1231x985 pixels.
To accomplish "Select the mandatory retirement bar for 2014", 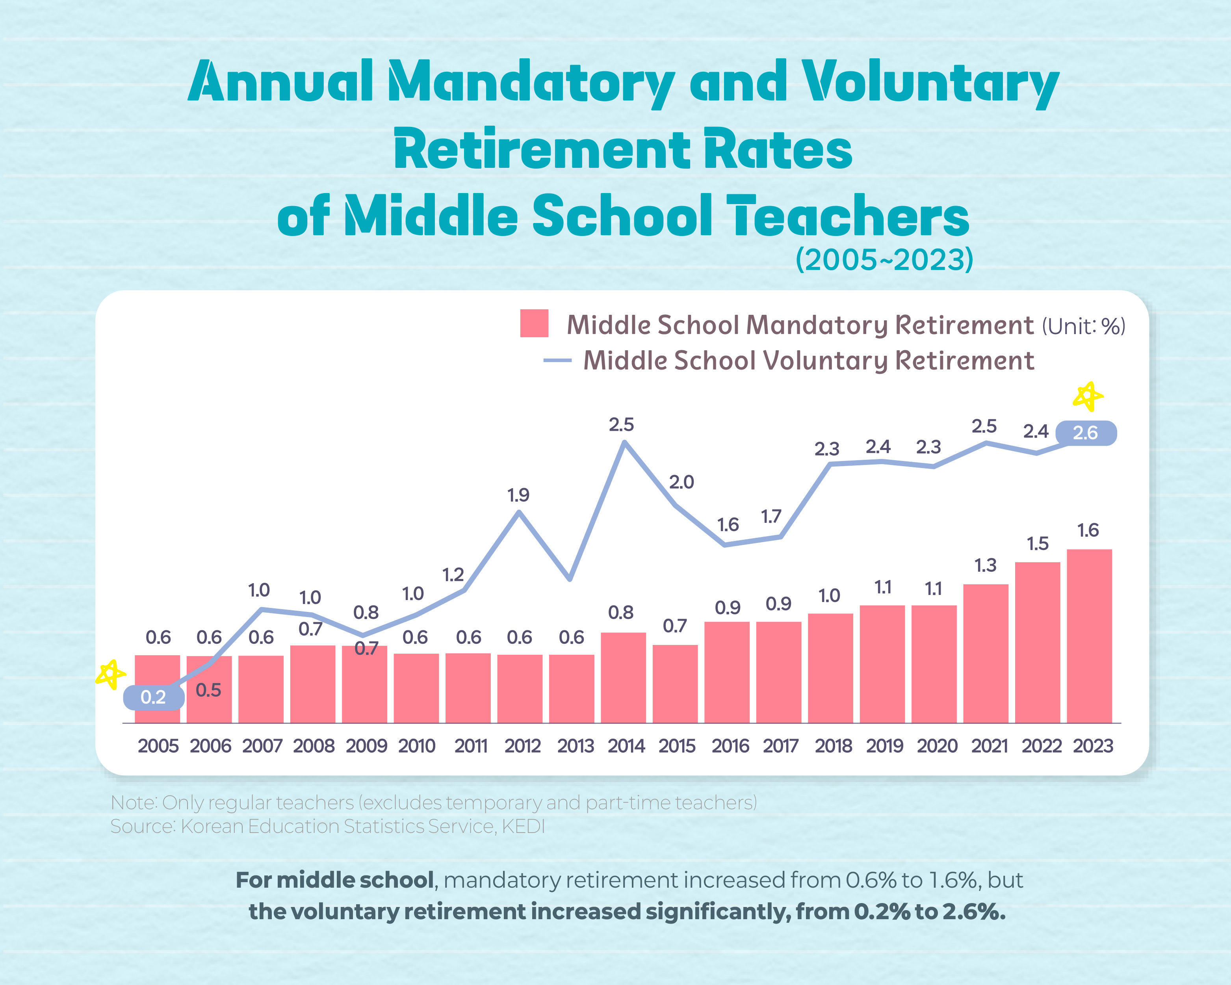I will [623, 677].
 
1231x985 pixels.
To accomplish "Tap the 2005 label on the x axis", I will [158, 746].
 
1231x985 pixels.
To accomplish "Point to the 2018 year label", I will [833, 746].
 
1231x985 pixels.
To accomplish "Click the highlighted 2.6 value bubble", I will [1085, 433].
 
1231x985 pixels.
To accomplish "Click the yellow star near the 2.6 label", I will [1088, 396].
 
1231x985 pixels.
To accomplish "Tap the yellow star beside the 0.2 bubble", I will [110, 675].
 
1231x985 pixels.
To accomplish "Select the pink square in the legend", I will [534, 324].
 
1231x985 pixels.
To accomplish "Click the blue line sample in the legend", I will [557, 360].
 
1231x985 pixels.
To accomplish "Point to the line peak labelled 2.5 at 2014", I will [625, 442].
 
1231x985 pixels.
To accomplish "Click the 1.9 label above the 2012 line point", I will [518, 495].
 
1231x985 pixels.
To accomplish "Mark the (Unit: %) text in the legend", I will [1083, 326].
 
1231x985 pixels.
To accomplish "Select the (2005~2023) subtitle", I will [884, 260].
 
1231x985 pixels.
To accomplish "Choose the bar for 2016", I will [726, 672].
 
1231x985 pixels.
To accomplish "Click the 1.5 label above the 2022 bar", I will [1038, 544].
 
